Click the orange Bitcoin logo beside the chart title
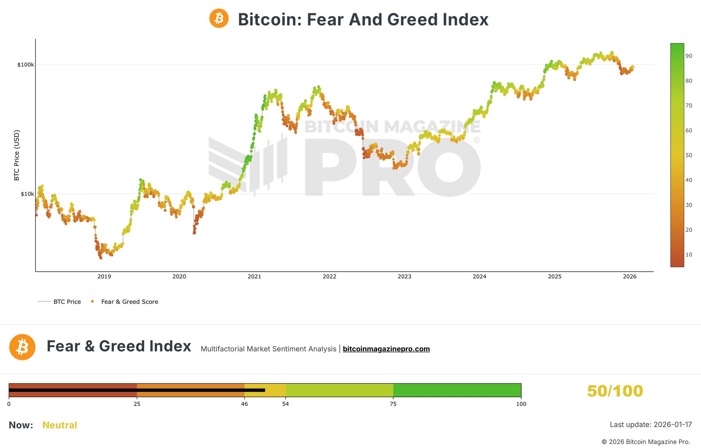click(219, 18)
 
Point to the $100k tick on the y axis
click(26, 65)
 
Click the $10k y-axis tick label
click(27, 194)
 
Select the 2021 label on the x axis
click(254, 276)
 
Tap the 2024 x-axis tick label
click(479, 276)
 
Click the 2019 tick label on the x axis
click(104, 276)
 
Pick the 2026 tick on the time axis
click(629, 276)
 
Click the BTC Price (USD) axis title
click(16, 155)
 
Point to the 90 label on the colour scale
click(689, 56)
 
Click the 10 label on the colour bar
click(689, 254)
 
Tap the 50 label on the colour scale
click(689, 155)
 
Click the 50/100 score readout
click(615, 391)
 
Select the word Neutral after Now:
click(60, 425)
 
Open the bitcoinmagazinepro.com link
click(386, 349)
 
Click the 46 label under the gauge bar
click(244, 404)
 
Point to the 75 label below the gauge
click(393, 404)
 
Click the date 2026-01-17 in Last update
click(673, 425)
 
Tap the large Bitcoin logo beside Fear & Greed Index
click(22, 347)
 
